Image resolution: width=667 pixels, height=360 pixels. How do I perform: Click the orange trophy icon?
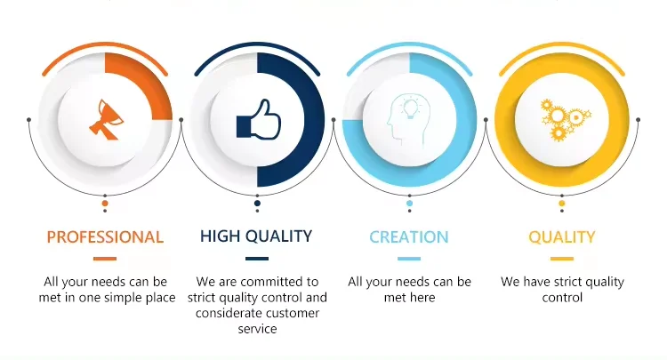point(107,119)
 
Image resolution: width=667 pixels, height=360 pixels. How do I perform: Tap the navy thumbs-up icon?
point(259,119)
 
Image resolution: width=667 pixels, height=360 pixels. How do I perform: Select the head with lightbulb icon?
point(408,120)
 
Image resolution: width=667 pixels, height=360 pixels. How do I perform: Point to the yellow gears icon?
point(564,120)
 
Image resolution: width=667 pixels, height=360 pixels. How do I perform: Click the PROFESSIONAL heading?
point(105,236)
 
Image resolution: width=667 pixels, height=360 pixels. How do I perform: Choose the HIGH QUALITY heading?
point(256,236)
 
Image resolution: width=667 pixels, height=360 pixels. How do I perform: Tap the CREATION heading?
point(409,236)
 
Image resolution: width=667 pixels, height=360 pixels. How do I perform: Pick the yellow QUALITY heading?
point(561,236)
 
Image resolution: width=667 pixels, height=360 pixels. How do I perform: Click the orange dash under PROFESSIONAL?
point(105,259)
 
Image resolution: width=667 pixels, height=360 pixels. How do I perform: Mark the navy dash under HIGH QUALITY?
point(257,259)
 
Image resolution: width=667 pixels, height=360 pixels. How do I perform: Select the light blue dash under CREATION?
point(409,259)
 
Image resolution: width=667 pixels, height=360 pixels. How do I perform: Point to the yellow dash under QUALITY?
point(561,259)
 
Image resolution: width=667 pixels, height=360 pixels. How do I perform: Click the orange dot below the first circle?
point(105,204)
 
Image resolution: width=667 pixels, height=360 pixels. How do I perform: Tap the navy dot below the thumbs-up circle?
point(257,204)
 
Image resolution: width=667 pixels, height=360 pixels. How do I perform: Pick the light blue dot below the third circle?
point(410,204)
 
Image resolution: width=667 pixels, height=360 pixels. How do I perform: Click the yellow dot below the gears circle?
point(562,204)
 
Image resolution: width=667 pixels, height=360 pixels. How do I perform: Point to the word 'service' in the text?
point(257,329)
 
